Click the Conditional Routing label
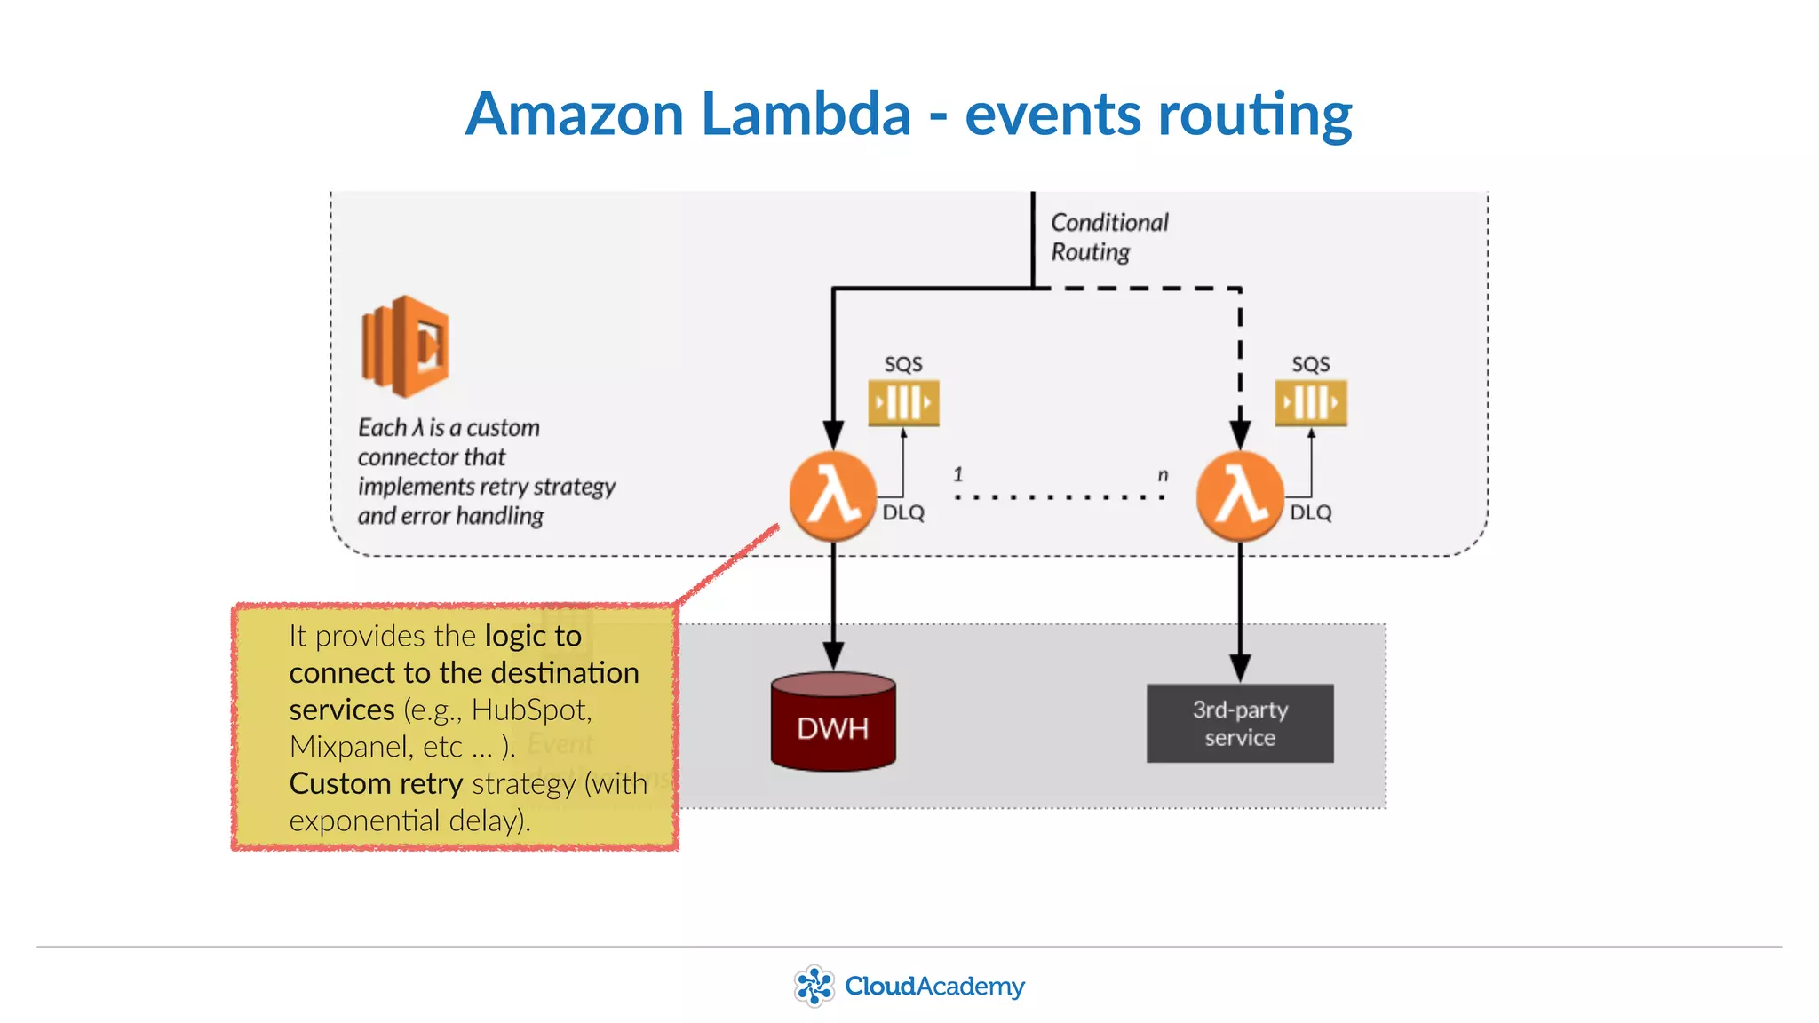point(1108,237)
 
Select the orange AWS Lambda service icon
point(405,346)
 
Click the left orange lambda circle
point(832,496)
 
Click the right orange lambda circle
point(1240,496)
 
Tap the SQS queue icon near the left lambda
point(903,402)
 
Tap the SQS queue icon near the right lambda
point(1310,402)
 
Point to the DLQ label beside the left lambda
point(903,512)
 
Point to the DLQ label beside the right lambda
point(1311,512)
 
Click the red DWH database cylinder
point(832,723)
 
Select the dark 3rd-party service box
point(1240,723)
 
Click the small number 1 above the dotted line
point(958,474)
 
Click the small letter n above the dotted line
point(1163,475)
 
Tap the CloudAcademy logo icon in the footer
point(814,986)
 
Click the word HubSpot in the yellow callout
point(530,710)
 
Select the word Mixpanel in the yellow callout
point(349,747)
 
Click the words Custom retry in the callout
point(376,783)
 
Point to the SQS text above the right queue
point(1310,364)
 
